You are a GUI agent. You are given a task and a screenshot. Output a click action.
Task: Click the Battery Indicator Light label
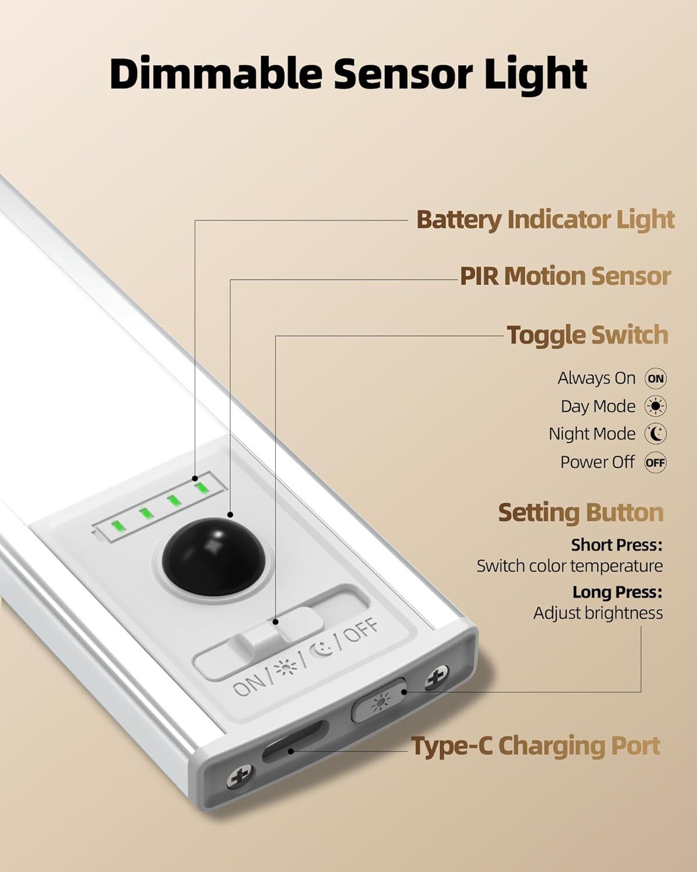click(x=545, y=220)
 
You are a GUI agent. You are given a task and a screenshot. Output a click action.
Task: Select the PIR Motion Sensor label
click(x=565, y=276)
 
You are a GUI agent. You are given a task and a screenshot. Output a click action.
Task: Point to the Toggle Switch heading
click(x=587, y=335)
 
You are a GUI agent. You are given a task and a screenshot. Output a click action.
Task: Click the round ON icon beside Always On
click(x=655, y=378)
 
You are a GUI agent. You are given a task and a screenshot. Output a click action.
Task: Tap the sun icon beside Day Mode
click(x=655, y=406)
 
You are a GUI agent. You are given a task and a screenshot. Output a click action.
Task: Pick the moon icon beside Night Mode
click(x=655, y=434)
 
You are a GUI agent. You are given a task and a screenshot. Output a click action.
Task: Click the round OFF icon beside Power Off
click(x=655, y=463)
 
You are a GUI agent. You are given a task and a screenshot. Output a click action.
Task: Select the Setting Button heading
click(x=580, y=513)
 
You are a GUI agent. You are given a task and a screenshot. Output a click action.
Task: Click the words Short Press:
click(x=616, y=545)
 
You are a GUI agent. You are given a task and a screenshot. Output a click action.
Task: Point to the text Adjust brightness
click(x=598, y=613)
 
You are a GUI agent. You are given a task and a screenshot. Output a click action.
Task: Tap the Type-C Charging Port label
click(x=536, y=746)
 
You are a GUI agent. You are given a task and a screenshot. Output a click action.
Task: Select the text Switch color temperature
click(x=569, y=566)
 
